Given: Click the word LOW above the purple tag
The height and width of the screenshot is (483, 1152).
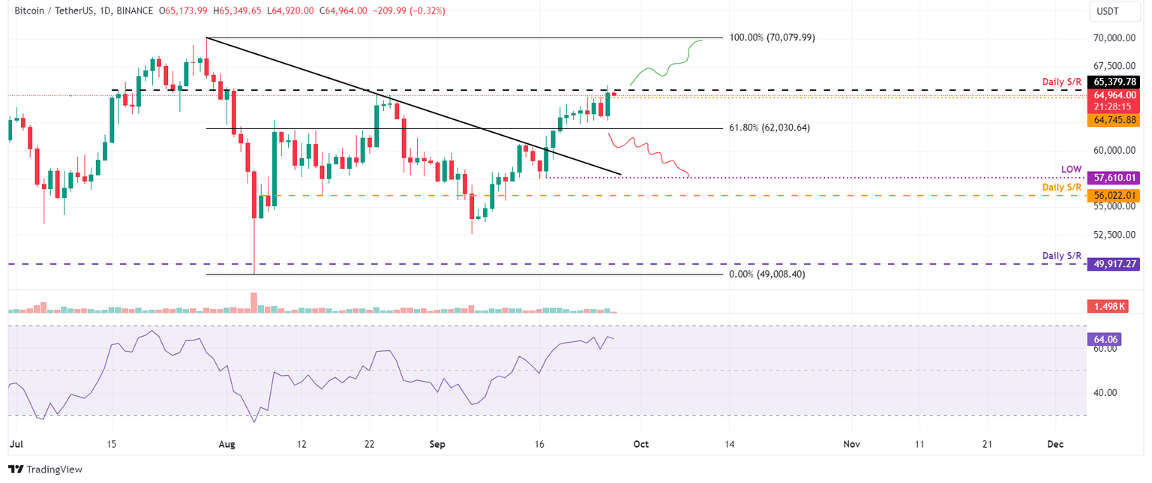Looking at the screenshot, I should (x=1071, y=169).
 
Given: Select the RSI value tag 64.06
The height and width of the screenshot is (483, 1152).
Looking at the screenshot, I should (x=1100, y=340).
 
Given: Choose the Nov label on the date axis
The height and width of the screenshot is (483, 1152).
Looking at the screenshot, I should (x=852, y=444).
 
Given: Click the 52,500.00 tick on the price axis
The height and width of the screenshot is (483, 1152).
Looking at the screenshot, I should (x=1113, y=234).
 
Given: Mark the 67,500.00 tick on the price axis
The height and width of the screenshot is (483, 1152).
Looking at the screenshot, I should (x=1113, y=65).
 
